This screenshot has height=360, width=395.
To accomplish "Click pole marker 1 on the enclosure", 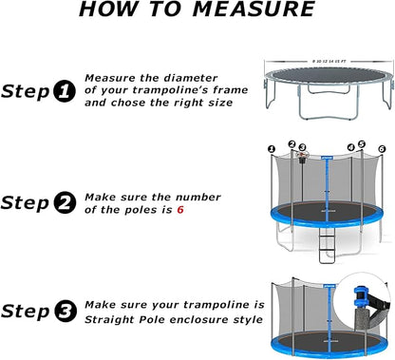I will [x=271, y=148].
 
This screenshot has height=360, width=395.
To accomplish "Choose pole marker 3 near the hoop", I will [x=302, y=146].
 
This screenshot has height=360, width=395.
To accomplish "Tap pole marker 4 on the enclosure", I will [x=350, y=146].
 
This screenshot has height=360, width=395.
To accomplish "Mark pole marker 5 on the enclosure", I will [x=362, y=144].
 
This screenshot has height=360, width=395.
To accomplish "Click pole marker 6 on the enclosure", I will [x=381, y=149].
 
